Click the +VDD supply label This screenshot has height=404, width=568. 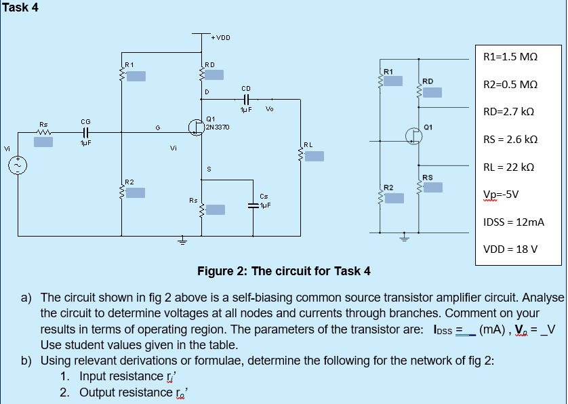coord(220,37)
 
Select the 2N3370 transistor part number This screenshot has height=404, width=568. coord(218,127)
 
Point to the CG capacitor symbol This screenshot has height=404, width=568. coord(85,133)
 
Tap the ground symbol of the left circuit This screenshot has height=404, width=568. coord(182,241)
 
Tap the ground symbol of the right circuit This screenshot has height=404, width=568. coord(405,237)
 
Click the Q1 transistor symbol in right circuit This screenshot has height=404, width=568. coord(415,135)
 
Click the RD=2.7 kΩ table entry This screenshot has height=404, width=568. coord(509,111)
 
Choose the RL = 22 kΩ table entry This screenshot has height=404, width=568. coord(508,167)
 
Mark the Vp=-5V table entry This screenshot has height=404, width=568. coord(501,194)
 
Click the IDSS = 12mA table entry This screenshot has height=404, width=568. coord(513,222)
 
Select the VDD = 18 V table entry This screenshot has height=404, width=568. coord(510,249)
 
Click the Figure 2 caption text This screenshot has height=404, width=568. coord(283,272)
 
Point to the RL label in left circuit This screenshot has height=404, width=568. coord(308,144)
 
